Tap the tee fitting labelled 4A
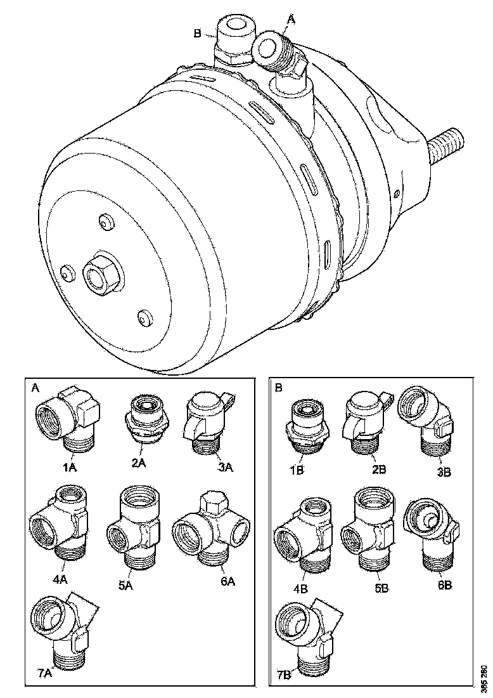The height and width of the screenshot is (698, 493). pyautogui.click(x=59, y=523)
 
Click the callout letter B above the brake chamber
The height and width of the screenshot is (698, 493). pyautogui.click(x=197, y=33)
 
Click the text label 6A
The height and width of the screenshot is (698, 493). pyautogui.click(x=228, y=581)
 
